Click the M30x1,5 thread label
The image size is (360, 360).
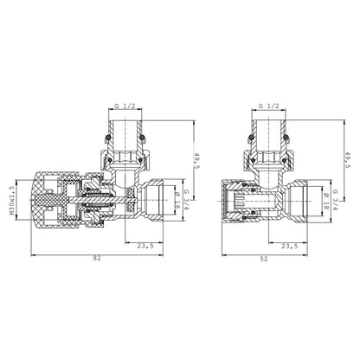12,200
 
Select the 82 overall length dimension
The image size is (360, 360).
97,259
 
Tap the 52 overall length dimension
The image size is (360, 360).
264,259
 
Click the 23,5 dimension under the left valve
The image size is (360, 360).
145,246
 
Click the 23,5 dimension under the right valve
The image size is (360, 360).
290,246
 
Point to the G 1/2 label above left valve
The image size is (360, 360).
125,106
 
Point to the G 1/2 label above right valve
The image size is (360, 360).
269,106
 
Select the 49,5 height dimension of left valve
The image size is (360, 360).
197,161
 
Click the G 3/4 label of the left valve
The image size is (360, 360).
187,200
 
